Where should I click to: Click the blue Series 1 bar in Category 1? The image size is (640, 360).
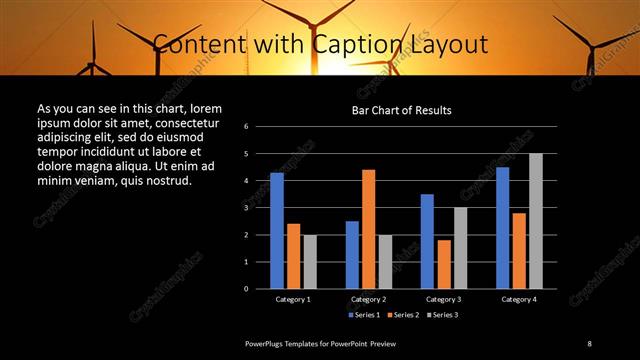tap(277, 231)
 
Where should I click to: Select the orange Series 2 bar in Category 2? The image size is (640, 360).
tap(368, 229)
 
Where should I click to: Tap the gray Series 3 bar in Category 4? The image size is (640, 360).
tap(536, 221)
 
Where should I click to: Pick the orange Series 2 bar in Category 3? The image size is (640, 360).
tap(444, 264)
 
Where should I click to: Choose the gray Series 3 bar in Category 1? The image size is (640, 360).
tap(310, 262)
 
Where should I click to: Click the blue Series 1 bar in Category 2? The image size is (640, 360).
tap(352, 255)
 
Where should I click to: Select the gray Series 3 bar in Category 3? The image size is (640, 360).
tap(460, 248)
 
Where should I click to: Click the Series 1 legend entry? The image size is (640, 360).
tap(364, 315)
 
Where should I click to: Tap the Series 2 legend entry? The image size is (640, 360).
tap(404, 315)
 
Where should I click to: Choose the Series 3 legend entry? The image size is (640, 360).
tap(444, 315)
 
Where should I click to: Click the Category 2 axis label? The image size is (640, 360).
tap(368, 299)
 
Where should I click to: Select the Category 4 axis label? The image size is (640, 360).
tap(519, 299)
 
